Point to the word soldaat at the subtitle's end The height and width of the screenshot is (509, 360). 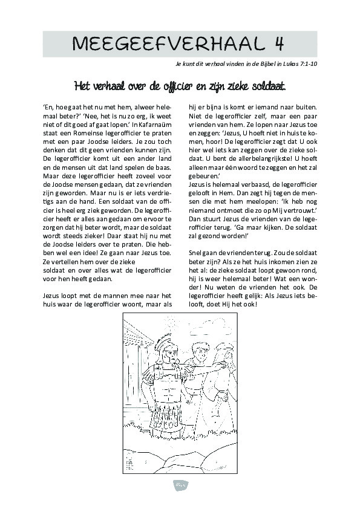click(266, 85)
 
